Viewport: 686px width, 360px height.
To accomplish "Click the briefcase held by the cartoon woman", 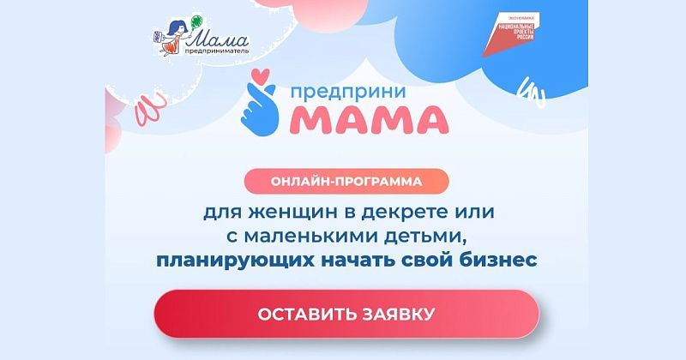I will tap(156, 37).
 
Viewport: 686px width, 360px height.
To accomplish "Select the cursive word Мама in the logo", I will tap(217, 39).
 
